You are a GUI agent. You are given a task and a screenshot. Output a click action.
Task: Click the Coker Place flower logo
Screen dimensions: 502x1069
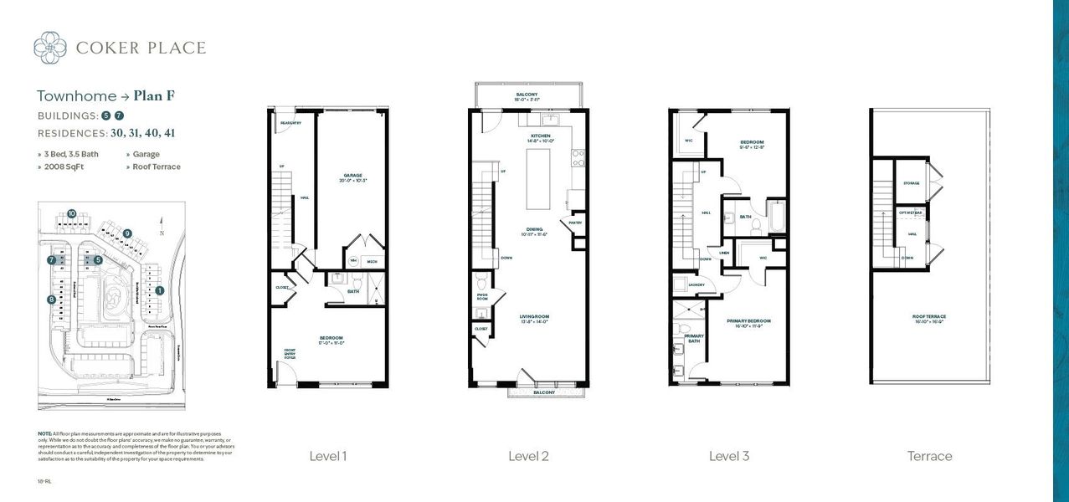click(x=50, y=47)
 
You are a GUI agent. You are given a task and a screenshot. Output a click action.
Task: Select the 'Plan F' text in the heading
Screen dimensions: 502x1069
click(x=154, y=95)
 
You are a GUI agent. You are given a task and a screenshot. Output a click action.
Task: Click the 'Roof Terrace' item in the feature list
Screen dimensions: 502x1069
click(x=156, y=166)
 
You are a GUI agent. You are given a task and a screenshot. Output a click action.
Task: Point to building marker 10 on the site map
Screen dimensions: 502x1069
click(x=72, y=213)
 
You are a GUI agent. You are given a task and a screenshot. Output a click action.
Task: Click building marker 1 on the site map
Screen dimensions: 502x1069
click(x=160, y=290)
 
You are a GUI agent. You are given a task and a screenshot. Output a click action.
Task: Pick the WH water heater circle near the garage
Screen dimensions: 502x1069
click(x=353, y=261)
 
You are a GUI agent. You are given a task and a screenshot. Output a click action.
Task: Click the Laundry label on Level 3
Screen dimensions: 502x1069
click(x=696, y=284)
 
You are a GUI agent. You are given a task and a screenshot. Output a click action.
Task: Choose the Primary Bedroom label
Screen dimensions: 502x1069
click(x=748, y=321)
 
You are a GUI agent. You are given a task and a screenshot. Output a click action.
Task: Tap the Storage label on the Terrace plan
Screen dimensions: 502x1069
click(x=912, y=183)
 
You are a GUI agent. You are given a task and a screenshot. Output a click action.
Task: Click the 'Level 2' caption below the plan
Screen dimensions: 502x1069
click(x=528, y=456)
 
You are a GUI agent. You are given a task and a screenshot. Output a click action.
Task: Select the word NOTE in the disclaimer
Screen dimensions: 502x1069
click(x=44, y=433)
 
